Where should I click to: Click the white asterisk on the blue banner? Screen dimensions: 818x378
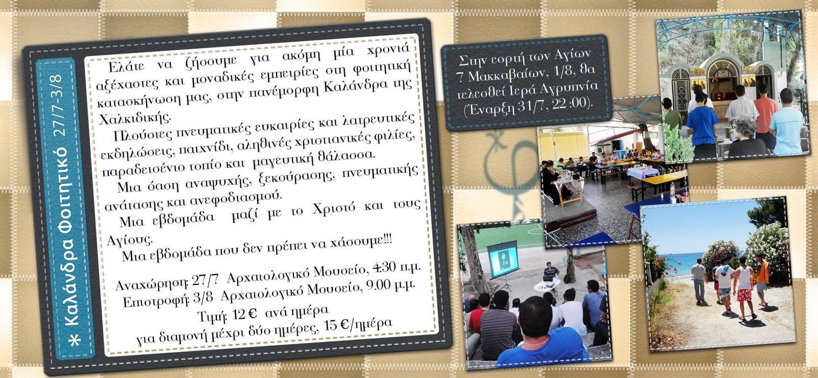75,340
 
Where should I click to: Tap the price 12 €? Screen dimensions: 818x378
244,315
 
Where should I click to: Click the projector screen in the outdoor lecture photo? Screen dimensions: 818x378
503,259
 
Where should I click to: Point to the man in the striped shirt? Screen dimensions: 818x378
498,327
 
